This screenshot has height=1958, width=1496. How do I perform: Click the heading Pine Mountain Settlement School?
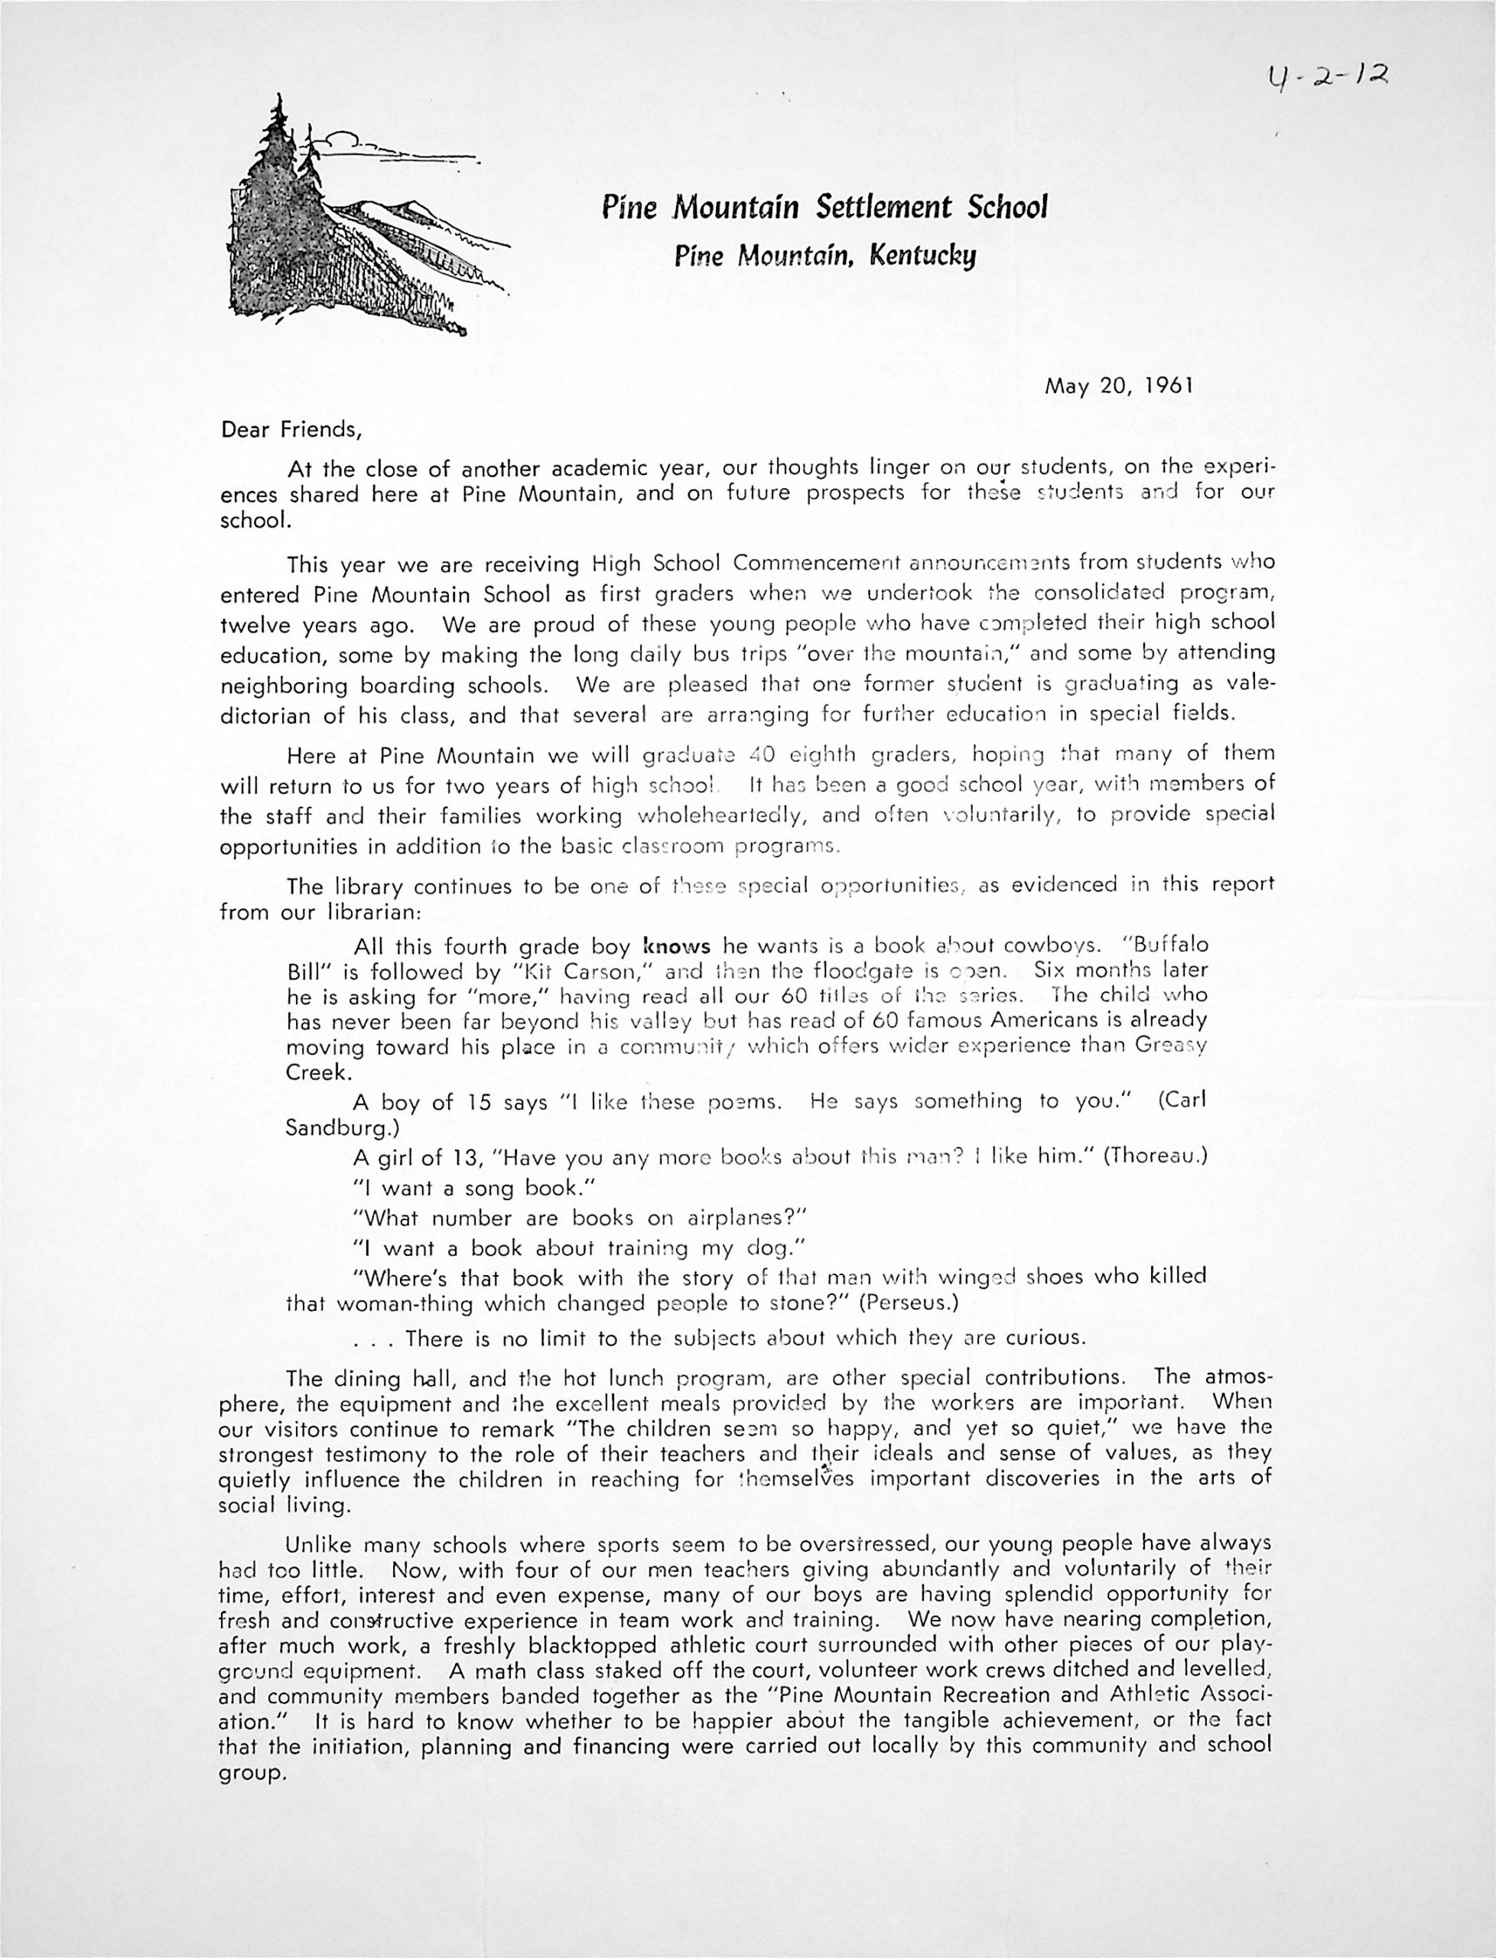point(824,207)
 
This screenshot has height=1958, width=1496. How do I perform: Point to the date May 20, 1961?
point(1118,386)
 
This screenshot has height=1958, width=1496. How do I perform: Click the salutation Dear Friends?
point(291,429)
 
